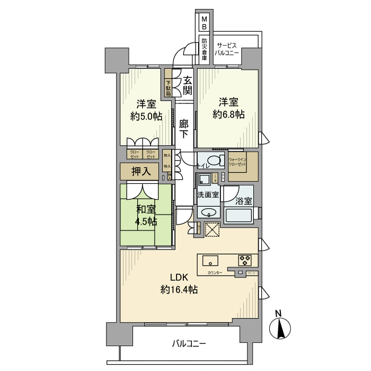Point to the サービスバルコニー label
[227, 50]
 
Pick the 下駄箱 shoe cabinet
[168, 88]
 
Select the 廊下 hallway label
[183, 128]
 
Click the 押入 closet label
[141, 172]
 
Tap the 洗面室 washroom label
[207, 195]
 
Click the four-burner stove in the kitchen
[245, 260]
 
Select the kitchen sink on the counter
[209, 260]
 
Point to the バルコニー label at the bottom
[189, 343]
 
